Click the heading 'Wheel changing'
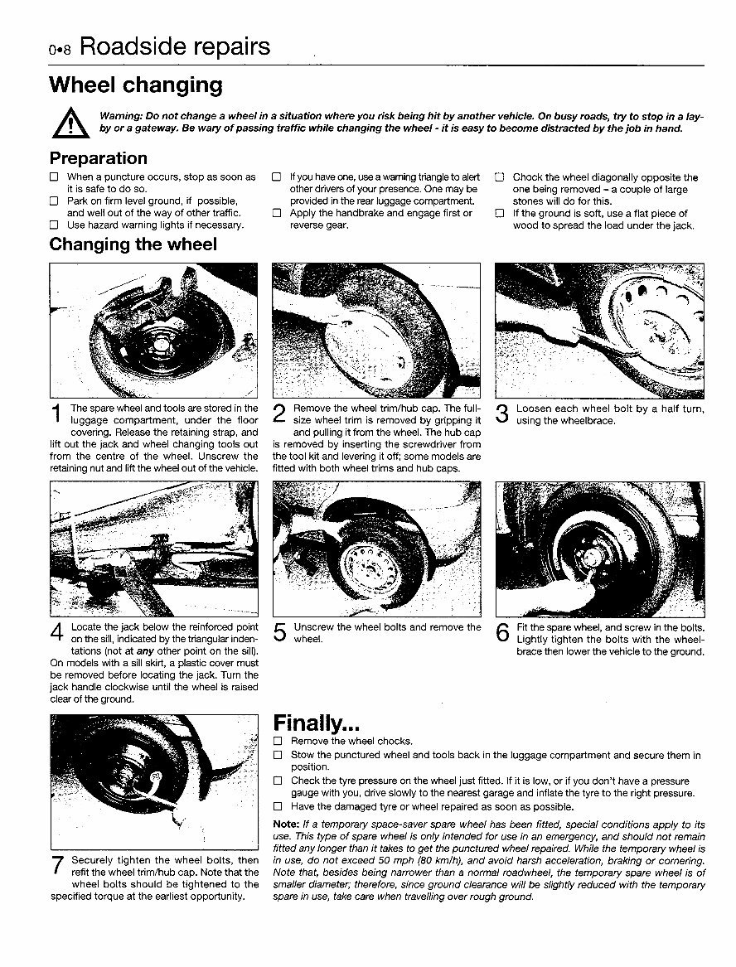(136, 85)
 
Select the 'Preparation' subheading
(98, 157)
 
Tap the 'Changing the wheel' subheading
(133, 244)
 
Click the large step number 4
(56, 635)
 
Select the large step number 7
(56, 866)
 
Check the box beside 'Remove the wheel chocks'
(278, 741)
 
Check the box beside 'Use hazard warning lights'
(55, 225)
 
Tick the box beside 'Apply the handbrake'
(278, 213)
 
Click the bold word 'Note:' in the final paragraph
(287, 824)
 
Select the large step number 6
(502, 634)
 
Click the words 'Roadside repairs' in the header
(175, 46)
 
